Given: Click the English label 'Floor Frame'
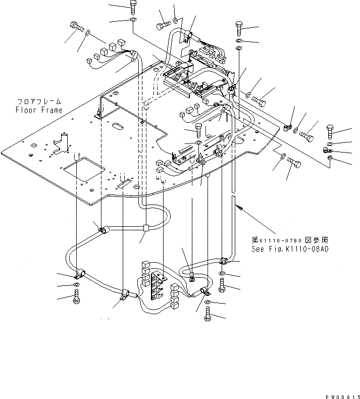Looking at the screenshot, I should click(38, 110).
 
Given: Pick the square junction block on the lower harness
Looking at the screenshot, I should click(145, 228).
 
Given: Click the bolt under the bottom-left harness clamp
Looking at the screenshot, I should click(76, 298).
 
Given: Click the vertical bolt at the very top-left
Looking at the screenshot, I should click(133, 7).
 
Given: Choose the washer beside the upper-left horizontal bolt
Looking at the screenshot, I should click(88, 33).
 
